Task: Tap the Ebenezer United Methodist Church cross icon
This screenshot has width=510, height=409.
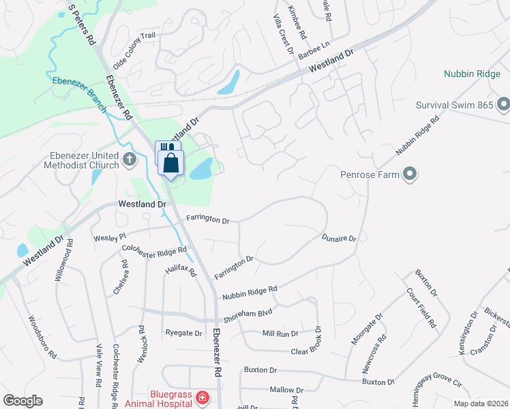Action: (x=131, y=160)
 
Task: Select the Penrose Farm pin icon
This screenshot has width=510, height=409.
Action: (x=409, y=175)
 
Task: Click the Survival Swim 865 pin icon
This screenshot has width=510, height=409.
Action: (x=503, y=105)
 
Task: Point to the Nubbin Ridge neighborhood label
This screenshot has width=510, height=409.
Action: (x=472, y=74)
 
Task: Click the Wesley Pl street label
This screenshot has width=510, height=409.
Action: (x=110, y=236)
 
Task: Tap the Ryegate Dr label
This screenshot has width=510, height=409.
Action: (x=184, y=333)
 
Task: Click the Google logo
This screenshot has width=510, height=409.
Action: (x=22, y=401)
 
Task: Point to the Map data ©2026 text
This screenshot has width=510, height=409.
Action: (x=481, y=404)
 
